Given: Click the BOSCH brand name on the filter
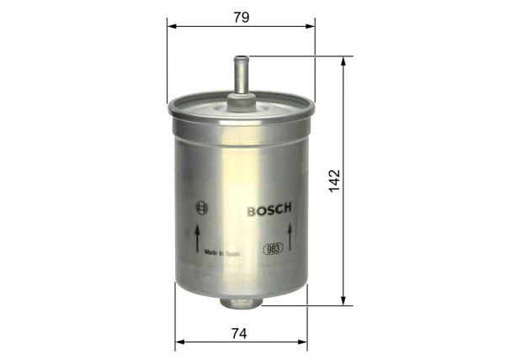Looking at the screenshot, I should point(268,209).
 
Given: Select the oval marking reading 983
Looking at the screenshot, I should point(274,248).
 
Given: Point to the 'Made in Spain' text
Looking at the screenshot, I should point(221,250).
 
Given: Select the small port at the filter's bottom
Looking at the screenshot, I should point(239,299).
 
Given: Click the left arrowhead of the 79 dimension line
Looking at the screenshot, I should point(171,26).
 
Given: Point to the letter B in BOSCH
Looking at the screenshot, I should point(251,209).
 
